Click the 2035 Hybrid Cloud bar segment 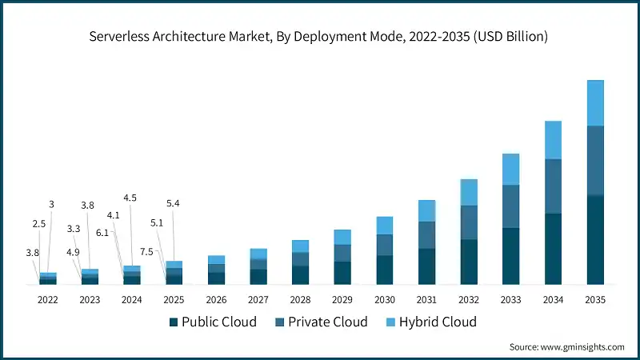(594, 102)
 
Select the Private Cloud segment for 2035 (594, 160)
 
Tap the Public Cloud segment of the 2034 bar (553, 249)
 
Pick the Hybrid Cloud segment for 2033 (510, 169)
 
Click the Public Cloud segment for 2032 (469, 262)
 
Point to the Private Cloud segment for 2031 (426, 234)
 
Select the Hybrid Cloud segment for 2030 (385, 225)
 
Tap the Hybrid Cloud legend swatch (390, 322)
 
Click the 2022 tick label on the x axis (47, 299)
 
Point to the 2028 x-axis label (300, 299)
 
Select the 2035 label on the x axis (594, 299)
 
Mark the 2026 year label (216, 299)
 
